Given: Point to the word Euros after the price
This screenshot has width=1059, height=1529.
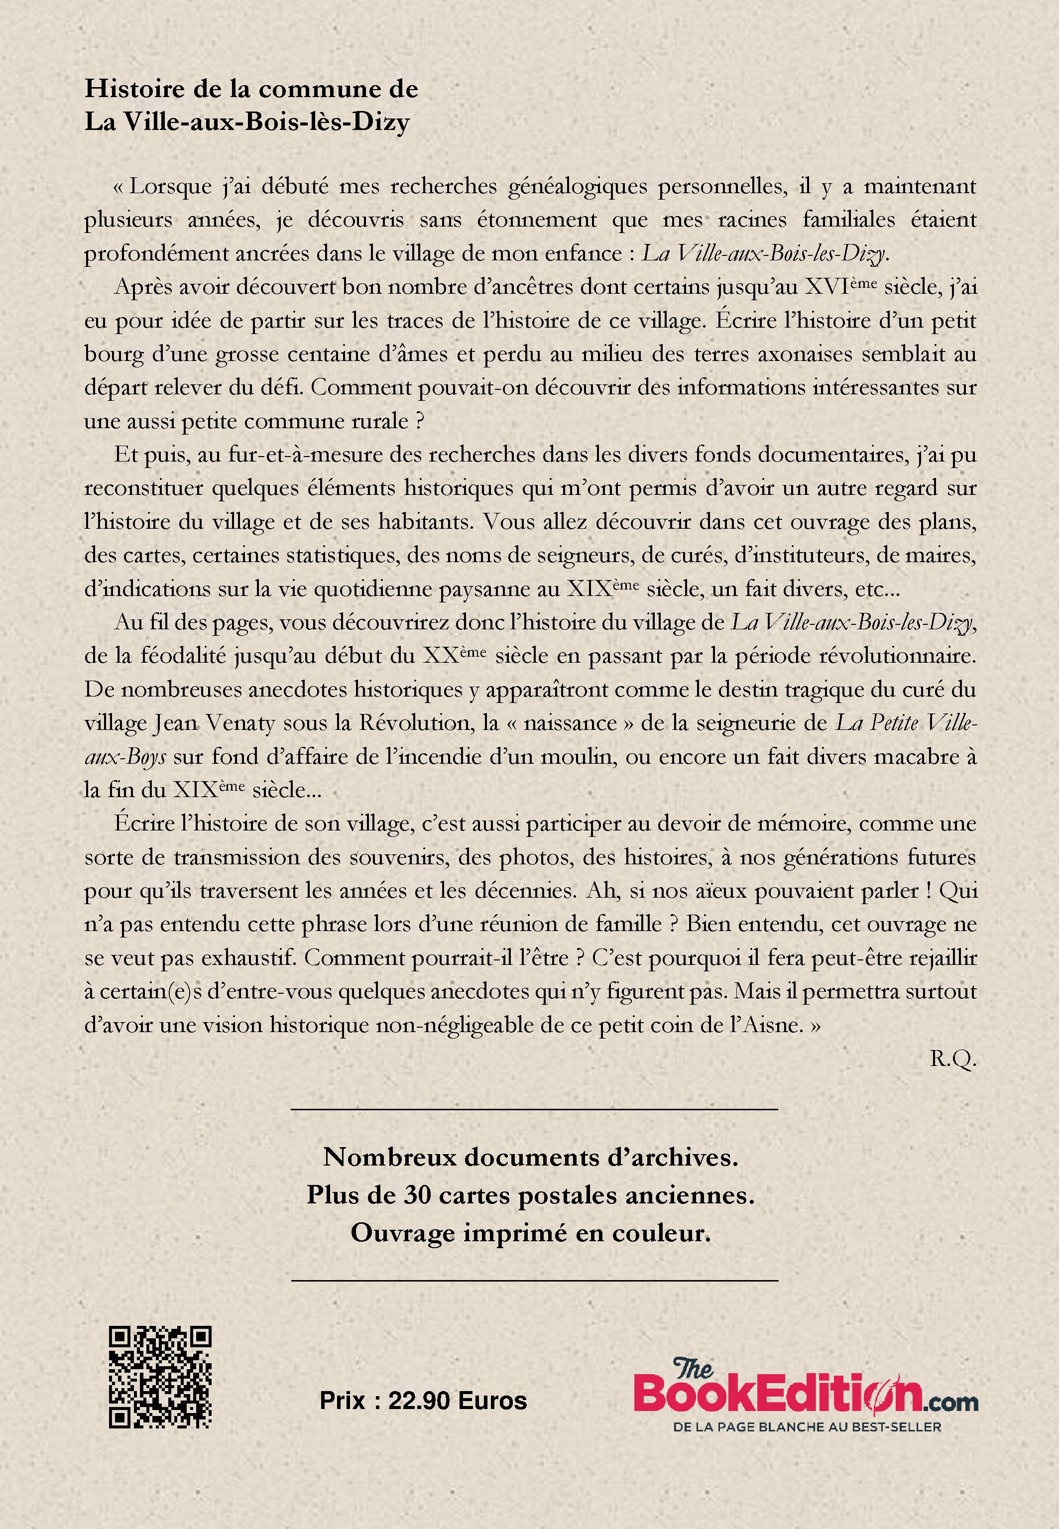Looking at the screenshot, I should click(492, 1401).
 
